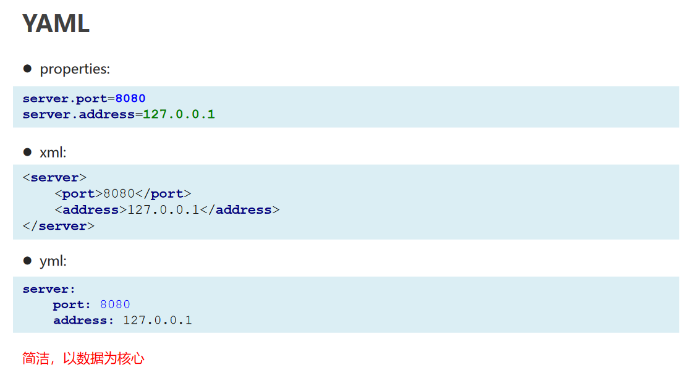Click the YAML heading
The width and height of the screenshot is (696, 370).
pos(56,23)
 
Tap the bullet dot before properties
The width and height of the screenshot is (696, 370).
pos(27,68)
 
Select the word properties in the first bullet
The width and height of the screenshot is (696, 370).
pos(75,69)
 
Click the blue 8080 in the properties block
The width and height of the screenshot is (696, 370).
pos(130,98)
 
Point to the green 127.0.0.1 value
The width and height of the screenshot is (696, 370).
pos(179,114)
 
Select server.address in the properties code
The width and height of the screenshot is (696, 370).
pos(79,114)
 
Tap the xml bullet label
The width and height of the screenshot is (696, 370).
pos(53,153)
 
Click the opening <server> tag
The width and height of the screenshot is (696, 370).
pos(54,178)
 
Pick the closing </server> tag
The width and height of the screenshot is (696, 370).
pos(59,226)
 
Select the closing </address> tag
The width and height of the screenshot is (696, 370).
pos(240,210)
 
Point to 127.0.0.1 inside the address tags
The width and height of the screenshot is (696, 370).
pos(163,210)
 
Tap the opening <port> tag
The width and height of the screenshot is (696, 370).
pos(79,194)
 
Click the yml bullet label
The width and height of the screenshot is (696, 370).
pos(53,261)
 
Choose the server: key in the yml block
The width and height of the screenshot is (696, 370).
pos(49,289)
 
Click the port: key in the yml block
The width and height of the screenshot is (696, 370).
pos(72,305)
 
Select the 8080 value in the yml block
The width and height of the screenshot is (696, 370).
pos(115,305)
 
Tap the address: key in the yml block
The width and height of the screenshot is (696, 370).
pos(83,321)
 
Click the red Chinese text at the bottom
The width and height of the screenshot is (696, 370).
pos(83,358)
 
